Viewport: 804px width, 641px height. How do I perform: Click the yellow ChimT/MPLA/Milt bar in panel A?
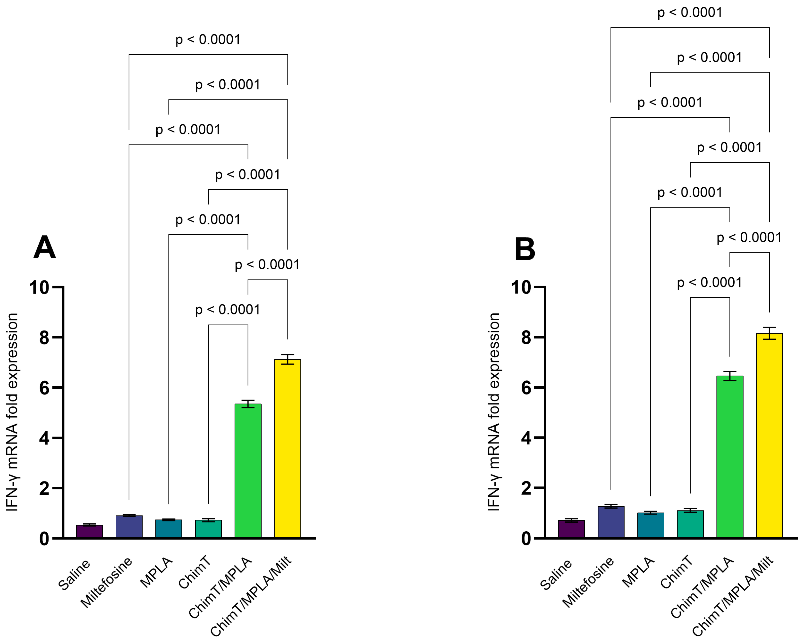(x=288, y=449)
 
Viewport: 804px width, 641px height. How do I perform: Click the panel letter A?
(x=44, y=247)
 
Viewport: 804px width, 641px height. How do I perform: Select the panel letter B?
(x=525, y=249)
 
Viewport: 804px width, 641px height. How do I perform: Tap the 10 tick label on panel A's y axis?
(x=39, y=288)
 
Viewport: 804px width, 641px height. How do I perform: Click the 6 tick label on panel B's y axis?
(x=526, y=388)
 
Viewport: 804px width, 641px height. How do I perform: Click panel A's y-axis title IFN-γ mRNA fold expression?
(x=12, y=412)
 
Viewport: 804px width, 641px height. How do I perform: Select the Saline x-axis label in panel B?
(x=556, y=575)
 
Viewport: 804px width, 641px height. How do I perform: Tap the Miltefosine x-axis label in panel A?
(x=107, y=582)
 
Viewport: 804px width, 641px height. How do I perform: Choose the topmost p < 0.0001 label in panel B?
(x=690, y=13)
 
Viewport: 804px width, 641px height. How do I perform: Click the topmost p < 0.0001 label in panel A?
(x=208, y=40)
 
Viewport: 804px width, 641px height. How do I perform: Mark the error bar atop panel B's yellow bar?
(x=769, y=333)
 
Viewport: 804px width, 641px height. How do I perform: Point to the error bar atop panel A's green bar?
(x=248, y=404)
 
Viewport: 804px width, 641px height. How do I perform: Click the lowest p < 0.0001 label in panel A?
(x=228, y=310)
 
